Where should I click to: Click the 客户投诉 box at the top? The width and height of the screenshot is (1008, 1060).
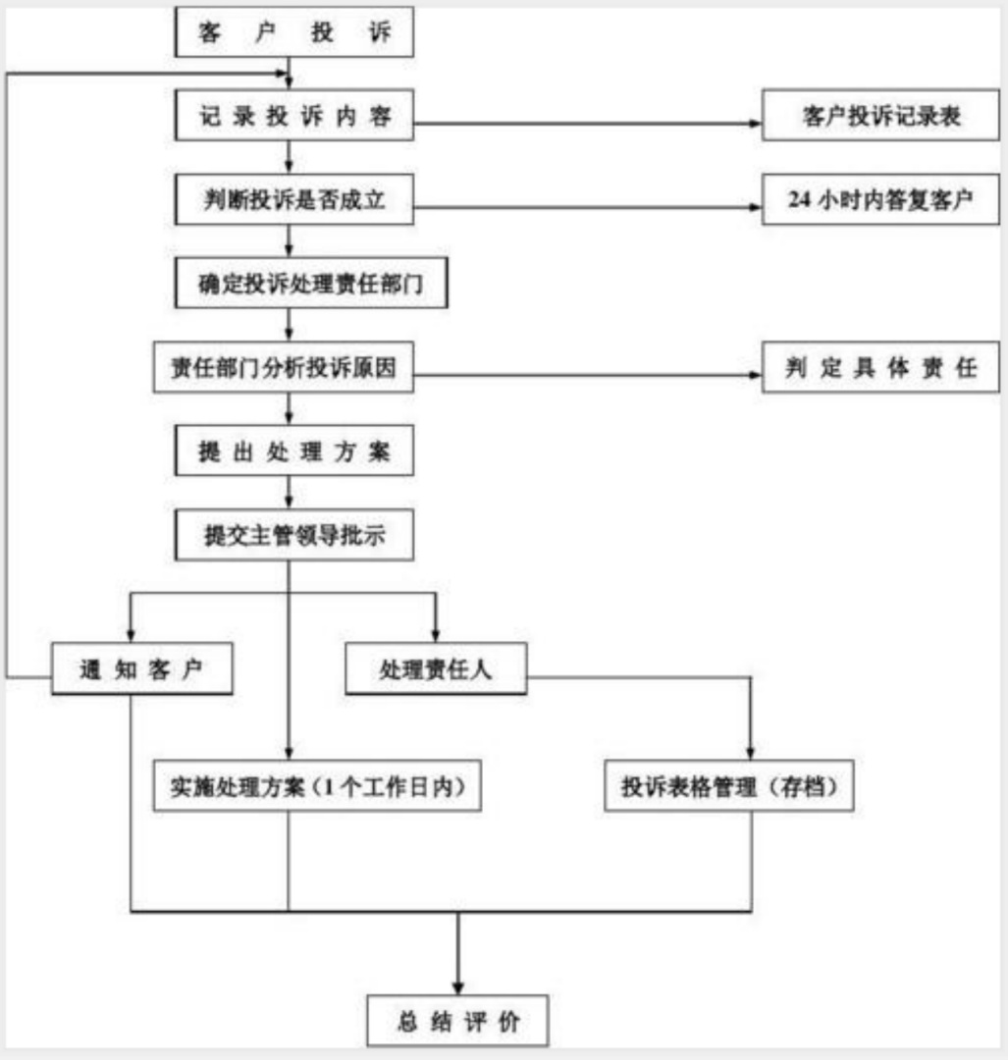(x=294, y=33)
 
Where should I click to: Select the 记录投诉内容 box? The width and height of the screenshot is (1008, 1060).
(x=294, y=117)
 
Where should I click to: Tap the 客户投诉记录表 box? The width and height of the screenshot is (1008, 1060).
(x=880, y=117)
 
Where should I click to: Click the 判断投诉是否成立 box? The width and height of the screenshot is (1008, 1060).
(x=294, y=200)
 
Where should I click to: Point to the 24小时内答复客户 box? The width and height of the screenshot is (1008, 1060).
(x=880, y=200)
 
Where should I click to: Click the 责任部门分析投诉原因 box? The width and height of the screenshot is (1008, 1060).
(x=283, y=367)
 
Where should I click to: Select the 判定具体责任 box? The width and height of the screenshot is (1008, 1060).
(x=880, y=367)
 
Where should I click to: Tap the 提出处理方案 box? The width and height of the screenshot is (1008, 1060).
(x=294, y=453)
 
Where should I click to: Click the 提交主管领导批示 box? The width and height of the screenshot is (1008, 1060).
(x=294, y=536)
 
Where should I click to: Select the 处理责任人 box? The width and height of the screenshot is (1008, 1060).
(x=435, y=669)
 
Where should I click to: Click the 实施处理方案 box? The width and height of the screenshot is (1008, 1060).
(x=318, y=787)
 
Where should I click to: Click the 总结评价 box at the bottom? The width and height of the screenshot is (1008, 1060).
(x=457, y=1021)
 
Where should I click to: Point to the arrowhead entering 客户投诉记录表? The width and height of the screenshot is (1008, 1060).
(x=756, y=125)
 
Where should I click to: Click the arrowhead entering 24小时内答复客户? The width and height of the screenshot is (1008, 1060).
(x=756, y=208)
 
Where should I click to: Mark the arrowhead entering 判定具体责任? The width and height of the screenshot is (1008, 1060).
(x=756, y=375)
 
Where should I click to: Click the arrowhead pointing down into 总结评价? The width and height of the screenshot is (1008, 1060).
(x=457, y=985)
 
